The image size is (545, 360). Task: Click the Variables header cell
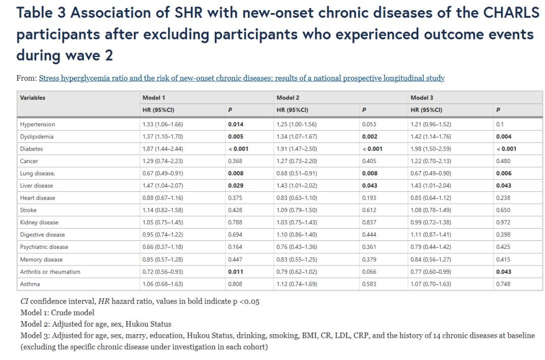tap(33, 98)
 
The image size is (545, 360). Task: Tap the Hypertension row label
tap(37, 124)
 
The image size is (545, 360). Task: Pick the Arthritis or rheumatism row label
tap(50, 272)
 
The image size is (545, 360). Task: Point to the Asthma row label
tap(30, 284)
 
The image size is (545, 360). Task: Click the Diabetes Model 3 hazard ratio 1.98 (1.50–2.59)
tap(430, 149)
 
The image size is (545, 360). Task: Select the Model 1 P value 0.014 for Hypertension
tap(236, 124)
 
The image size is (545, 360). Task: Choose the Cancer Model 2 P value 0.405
tap(369, 161)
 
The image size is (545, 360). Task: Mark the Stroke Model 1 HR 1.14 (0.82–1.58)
tap(162, 210)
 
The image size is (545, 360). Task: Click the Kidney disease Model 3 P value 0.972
tap(503, 222)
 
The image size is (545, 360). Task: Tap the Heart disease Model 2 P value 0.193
tap(369, 198)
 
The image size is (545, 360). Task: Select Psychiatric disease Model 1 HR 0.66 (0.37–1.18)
tap(162, 247)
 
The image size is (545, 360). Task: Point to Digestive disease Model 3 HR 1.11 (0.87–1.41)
tap(430, 235)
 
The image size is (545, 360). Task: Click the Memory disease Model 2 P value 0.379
tap(369, 260)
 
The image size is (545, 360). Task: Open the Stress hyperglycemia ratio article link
tap(242, 78)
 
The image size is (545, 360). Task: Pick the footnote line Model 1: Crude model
tap(58, 313)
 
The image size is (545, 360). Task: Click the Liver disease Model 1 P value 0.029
tap(236, 186)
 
